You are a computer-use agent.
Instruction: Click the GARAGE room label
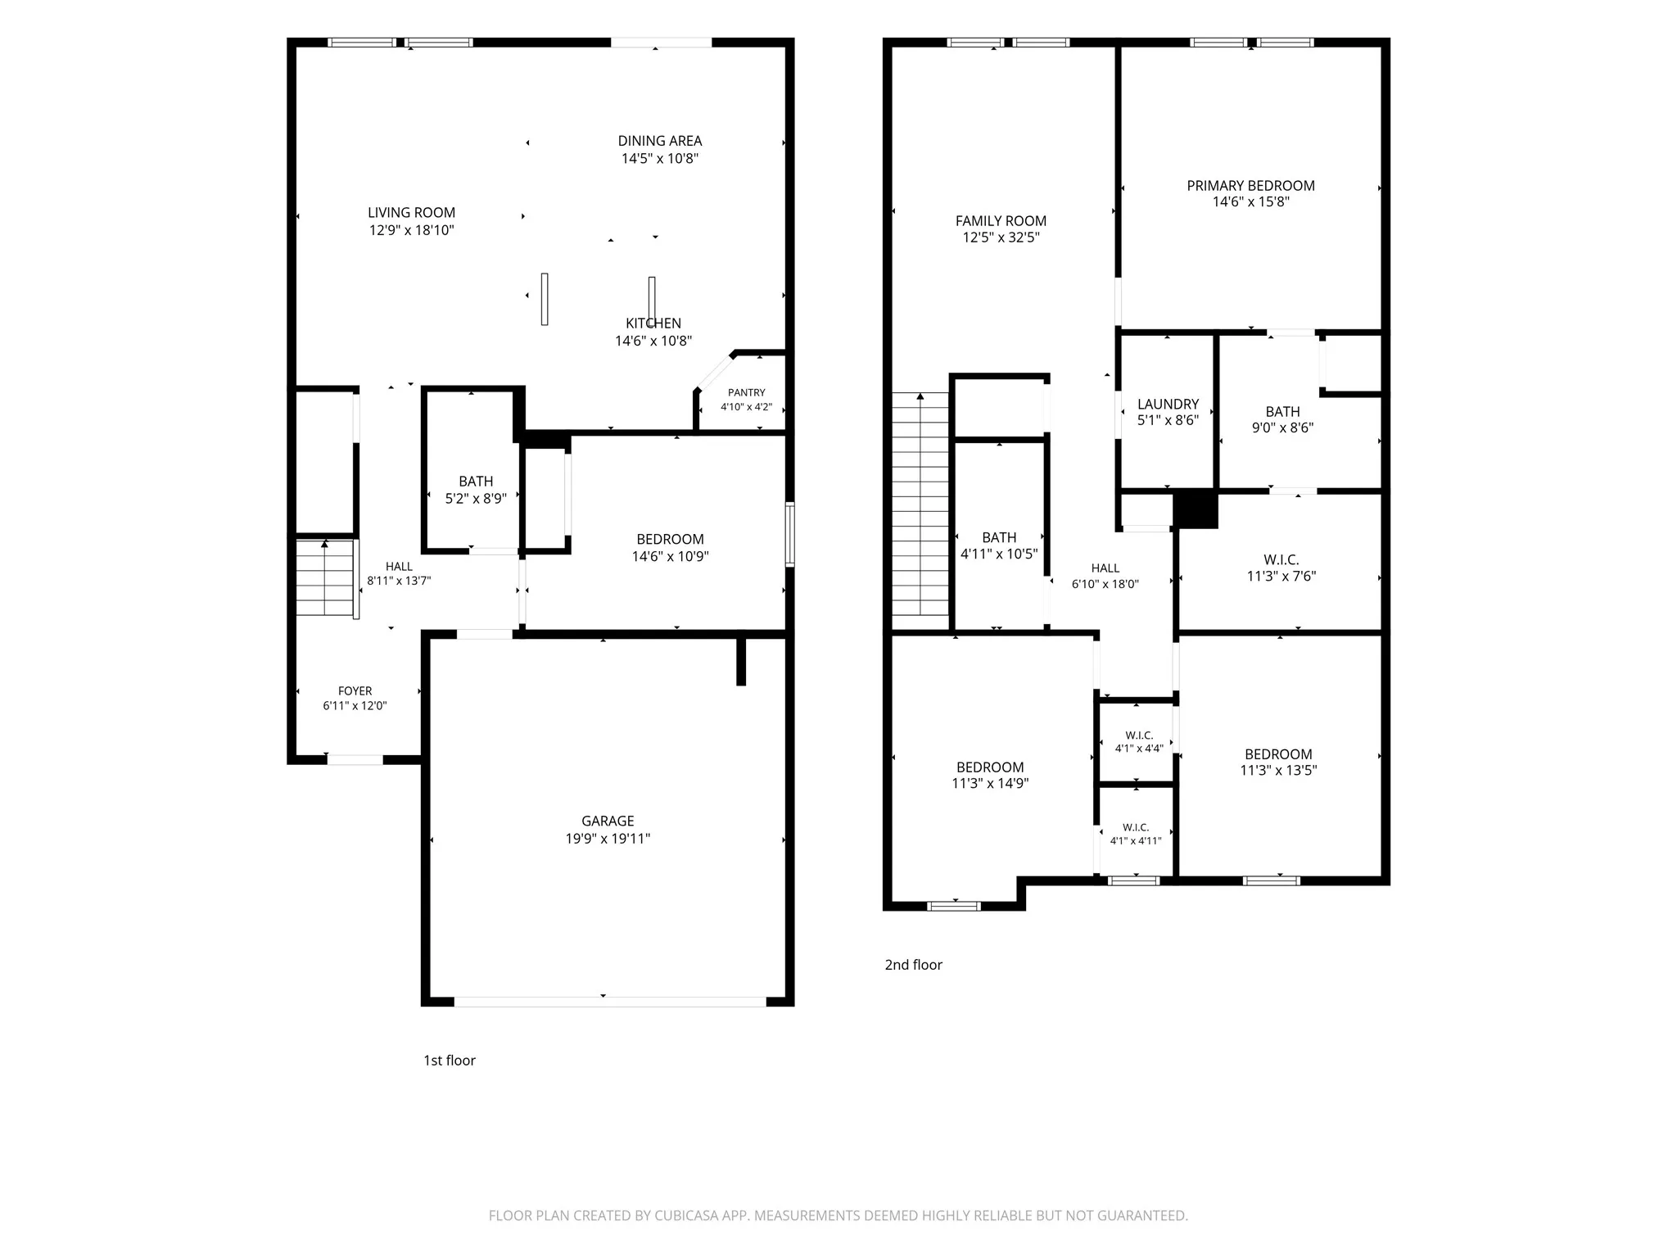tap(608, 821)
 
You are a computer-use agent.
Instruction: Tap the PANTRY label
tap(747, 392)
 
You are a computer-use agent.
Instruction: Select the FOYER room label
tap(355, 690)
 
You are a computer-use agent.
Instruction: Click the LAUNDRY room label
tap(1168, 404)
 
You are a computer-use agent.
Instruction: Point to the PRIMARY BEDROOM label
tap(1250, 186)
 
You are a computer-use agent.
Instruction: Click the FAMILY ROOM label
tap(1001, 220)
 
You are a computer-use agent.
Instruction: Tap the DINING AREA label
tap(660, 141)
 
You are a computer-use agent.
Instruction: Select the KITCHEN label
tap(653, 324)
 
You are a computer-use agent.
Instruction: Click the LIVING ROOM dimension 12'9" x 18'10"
tap(411, 230)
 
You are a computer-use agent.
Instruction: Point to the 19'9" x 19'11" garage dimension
tap(608, 838)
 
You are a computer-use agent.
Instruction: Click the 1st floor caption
tap(450, 1061)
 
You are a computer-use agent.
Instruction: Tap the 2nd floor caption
tap(913, 965)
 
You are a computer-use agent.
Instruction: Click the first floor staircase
tap(325, 577)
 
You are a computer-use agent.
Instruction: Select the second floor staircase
tap(920, 504)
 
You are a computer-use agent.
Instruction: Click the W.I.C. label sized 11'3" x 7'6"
tap(1281, 559)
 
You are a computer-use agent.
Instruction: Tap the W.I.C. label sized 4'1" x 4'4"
tap(1139, 735)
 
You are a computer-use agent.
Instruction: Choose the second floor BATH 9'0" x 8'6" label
tap(1282, 411)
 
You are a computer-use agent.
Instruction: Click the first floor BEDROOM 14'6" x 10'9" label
tap(670, 539)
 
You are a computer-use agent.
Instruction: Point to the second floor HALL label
tap(1105, 568)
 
